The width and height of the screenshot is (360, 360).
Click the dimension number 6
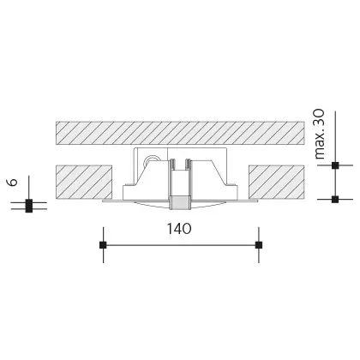point(11,183)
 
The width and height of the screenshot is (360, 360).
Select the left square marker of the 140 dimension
point(103,245)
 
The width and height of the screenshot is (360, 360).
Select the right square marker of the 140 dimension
point(259,245)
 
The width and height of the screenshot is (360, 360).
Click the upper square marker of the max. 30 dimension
point(334,165)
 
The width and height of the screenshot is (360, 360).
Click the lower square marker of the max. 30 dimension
point(334,199)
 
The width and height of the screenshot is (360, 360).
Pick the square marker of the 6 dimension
point(28,205)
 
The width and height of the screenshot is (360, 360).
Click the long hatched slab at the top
point(180,133)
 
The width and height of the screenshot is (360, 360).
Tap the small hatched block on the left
point(84,182)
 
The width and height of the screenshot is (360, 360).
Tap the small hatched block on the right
point(275,182)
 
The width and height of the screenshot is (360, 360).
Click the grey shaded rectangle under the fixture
point(180,202)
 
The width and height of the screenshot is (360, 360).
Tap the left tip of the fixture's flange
point(104,203)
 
